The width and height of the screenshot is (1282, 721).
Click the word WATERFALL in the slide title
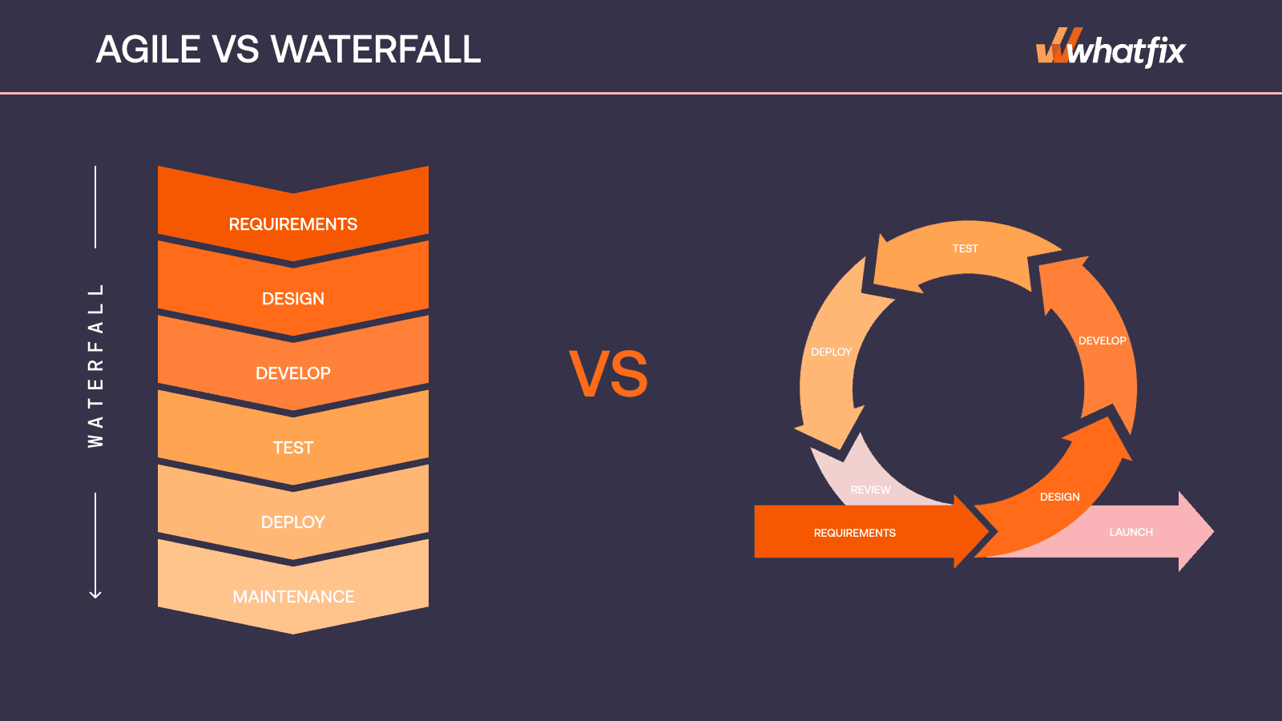tap(376, 49)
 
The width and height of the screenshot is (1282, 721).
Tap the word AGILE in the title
tap(148, 49)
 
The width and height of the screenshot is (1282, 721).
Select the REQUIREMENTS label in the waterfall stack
tap(293, 224)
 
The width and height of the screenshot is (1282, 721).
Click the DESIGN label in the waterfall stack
tap(293, 299)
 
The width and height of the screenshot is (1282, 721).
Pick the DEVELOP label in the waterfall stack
tap(293, 373)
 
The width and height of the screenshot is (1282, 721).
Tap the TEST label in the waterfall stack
tap(293, 448)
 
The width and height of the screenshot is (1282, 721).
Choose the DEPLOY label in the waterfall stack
tap(293, 522)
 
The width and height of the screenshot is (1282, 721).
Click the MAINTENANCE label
tap(293, 597)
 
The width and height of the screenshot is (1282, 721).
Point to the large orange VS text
tap(608, 374)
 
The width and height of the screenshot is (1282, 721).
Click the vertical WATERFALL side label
tap(95, 365)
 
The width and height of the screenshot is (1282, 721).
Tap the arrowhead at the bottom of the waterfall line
tap(95, 594)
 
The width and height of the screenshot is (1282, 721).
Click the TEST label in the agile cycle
tap(965, 248)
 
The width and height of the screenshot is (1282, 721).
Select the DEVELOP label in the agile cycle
tap(1103, 340)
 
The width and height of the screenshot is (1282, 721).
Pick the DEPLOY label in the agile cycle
tap(831, 352)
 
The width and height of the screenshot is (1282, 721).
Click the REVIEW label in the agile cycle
tap(870, 489)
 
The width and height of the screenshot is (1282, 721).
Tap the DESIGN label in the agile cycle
tap(1060, 497)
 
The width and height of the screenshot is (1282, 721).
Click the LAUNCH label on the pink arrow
tap(1131, 532)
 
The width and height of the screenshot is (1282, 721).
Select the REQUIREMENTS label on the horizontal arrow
tap(854, 533)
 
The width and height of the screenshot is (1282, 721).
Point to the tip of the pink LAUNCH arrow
tap(1213, 532)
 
